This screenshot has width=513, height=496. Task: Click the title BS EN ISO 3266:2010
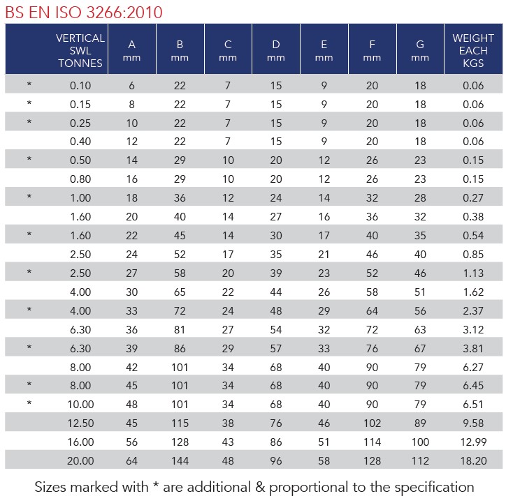[84, 13]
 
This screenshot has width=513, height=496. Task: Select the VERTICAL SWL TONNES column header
[80, 51]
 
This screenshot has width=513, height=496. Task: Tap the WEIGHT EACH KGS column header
[473, 51]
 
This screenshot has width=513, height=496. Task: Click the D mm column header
[276, 51]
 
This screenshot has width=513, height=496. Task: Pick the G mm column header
[420, 51]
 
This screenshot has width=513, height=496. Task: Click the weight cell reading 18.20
[473, 460]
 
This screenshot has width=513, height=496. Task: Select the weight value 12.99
[473, 442]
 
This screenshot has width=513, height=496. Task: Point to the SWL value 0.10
[80, 86]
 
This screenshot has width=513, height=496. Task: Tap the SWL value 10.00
[80, 404]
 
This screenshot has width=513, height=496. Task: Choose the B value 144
[180, 460]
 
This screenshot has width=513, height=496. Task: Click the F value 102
[373, 423]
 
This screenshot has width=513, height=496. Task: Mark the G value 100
[420, 442]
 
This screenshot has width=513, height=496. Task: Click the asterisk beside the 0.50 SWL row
[29, 159]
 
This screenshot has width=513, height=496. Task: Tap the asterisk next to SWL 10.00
[29, 403]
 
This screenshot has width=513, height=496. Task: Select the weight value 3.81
[473, 348]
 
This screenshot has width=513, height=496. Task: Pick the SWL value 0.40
[80, 142]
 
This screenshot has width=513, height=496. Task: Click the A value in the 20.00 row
[132, 460]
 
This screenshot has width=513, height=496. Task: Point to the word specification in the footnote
[434, 487]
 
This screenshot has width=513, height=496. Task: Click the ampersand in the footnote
[260, 487]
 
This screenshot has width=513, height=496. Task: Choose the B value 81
[180, 330]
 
